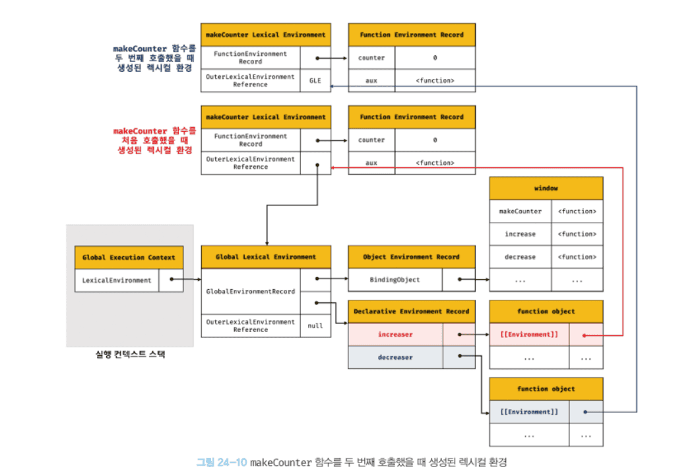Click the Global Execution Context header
pyautogui.click(x=129, y=258)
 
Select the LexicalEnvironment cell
pyautogui.click(x=117, y=281)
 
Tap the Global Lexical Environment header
pyautogui.click(x=265, y=257)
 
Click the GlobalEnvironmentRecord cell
pyautogui.click(x=250, y=291)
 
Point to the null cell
pyautogui.click(x=315, y=325)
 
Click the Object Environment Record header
pyautogui.click(x=411, y=257)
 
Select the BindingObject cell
pyautogui.click(x=395, y=280)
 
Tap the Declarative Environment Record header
pyautogui.click(x=411, y=311)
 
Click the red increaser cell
pyautogui.click(x=395, y=335)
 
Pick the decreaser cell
pyautogui.click(x=395, y=358)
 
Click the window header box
pyautogui.click(x=546, y=188)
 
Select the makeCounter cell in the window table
pyautogui.click(x=520, y=211)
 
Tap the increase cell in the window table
pyautogui.click(x=520, y=235)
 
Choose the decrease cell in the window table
pyautogui.click(x=520, y=258)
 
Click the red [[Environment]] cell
pyautogui.click(x=529, y=335)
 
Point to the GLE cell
pyautogui.click(x=315, y=80)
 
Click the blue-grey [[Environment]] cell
pyautogui.click(x=529, y=412)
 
